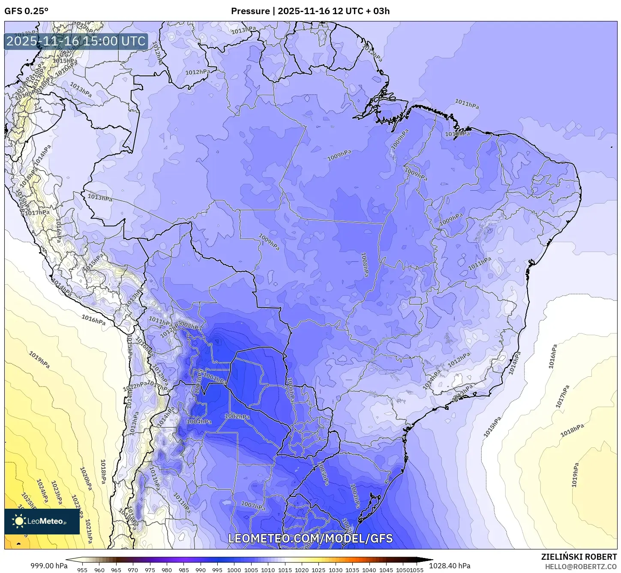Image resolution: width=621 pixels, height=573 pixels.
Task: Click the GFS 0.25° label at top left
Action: pyautogui.click(x=26, y=11)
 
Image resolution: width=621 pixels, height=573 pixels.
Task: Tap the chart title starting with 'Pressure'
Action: pyautogui.click(x=310, y=11)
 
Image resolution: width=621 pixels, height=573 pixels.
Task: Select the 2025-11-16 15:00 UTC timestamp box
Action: pyautogui.click(x=76, y=42)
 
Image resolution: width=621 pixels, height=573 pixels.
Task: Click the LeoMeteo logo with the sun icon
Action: pyautogui.click(x=42, y=521)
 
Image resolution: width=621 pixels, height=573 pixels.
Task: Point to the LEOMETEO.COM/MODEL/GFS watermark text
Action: pyautogui.click(x=310, y=538)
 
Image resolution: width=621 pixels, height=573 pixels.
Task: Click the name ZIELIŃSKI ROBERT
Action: pyautogui.click(x=579, y=557)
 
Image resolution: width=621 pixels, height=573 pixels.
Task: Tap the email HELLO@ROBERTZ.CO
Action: pyautogui.click(x=581, y=566)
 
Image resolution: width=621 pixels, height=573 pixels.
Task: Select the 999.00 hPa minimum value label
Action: pyautogui.click(x=49, y=566)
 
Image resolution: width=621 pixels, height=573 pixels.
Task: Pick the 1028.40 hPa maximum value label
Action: pyautogui.click(x=450, y=566)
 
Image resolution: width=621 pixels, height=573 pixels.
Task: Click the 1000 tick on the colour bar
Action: pyautogui.click(x=234, y=570)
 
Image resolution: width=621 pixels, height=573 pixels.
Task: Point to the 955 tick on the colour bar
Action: pyautogui.click(x=82, y=570)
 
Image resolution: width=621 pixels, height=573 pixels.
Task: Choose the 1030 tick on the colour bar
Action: pyautogui.click(x=336, y=570)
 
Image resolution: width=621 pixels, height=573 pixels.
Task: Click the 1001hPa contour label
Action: pyautogui.click(x=215, y=378)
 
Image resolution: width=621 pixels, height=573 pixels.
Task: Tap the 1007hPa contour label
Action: pyautogui.click(x=253, y=506)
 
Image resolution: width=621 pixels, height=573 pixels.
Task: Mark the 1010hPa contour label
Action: pyautogui.click(x=457, y=134)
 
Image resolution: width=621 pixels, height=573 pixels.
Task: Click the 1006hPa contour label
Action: pyautogui.click(x=290, y=389)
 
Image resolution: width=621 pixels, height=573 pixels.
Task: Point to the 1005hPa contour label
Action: pyautogui.click(x=322, y=473)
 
